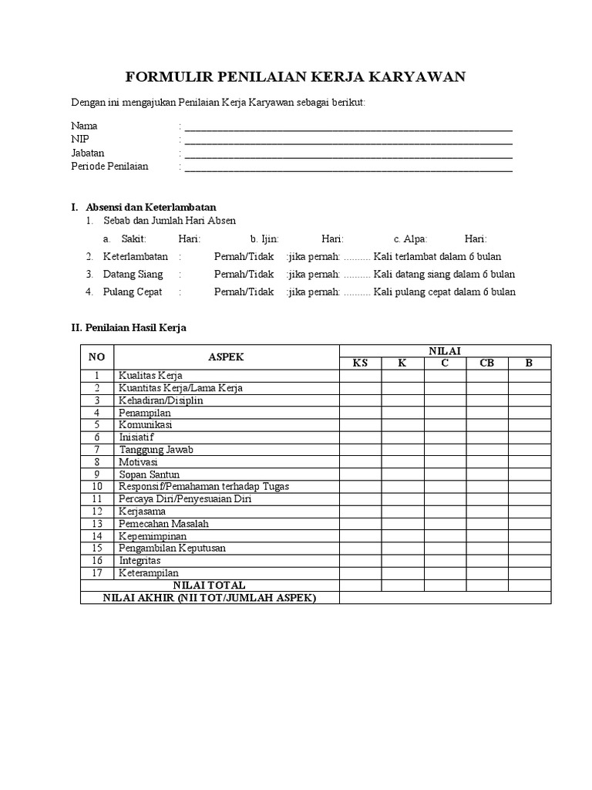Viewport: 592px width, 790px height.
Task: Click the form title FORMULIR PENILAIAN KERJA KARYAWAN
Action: click(295, 77)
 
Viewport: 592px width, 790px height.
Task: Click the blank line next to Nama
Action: click(348, 127)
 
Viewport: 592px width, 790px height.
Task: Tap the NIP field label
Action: click(80, 139)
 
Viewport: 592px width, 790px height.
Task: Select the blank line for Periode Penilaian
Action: click(348, 167)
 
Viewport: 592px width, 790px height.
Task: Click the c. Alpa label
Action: click(410, 239)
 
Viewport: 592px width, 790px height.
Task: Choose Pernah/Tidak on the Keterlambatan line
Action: click(244, 257)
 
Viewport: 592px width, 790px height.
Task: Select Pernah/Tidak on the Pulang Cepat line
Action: click(244, 292)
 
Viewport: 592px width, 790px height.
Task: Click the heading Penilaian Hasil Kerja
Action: click(135, 328)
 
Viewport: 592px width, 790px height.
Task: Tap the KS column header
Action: click(360, 363)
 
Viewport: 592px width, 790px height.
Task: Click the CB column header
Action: click(487, 363)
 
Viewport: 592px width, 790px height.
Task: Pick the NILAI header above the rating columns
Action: click(445, 351)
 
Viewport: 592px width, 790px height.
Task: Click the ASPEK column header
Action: click(226, 357)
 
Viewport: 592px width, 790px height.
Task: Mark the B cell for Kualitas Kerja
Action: click(530, 376)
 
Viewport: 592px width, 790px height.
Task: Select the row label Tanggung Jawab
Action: click(156, 450)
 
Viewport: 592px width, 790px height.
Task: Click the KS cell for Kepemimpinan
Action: click(360, 536)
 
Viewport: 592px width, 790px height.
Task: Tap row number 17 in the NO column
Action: click(97, 573)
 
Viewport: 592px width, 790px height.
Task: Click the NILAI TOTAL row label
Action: click(209, 586)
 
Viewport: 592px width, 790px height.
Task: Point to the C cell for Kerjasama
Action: click(445, 511)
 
